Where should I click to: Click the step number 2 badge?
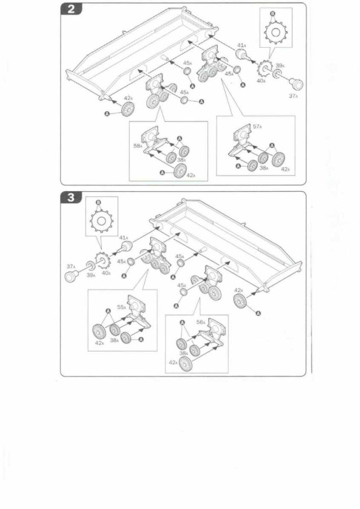tap(71, 10)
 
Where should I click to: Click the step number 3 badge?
tap(71, 198)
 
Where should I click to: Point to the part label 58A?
tap(137, 146)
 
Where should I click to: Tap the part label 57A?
tap(258, 127)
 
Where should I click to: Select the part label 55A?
tap(121, 308)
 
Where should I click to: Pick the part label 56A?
tap(201, 323)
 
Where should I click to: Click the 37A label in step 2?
tap(293, 96)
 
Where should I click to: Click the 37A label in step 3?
tap(71, 267)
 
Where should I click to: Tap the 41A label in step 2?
tap(241, 45)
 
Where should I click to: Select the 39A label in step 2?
tap(280, 65)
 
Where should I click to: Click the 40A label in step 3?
tap(106, 273)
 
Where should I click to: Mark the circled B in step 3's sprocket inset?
tap(98, 202)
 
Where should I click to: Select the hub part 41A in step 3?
tap(126, 249)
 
